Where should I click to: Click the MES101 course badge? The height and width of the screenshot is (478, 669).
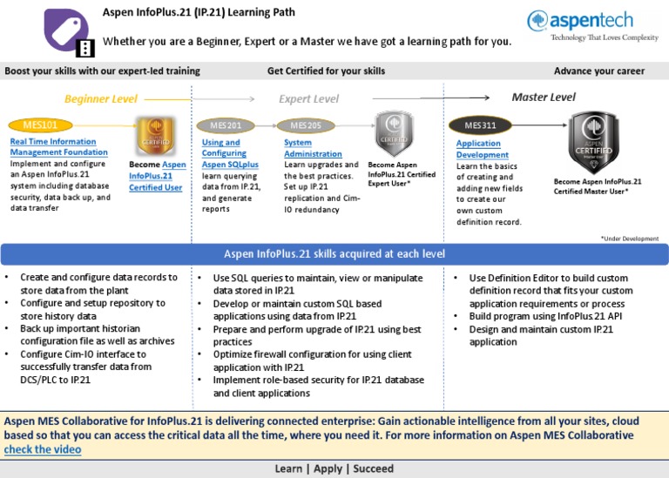point(36,125)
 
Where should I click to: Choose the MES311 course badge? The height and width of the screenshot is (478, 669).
point(480,125)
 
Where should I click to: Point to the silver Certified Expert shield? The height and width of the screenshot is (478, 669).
point(394,133)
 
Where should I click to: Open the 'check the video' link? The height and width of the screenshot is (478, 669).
point(43,449)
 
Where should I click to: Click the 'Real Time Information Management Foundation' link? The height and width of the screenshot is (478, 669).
point(59,146)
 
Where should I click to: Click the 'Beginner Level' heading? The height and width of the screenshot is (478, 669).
point(100,99)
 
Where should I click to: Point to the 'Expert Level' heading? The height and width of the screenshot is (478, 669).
point(308,99)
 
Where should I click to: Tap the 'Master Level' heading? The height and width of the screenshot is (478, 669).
point(544,98)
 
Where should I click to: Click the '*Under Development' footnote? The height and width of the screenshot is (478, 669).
point(629,238)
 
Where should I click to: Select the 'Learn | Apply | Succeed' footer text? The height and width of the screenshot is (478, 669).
point(334,468)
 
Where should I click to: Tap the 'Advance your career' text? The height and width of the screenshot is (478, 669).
point(599,71)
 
